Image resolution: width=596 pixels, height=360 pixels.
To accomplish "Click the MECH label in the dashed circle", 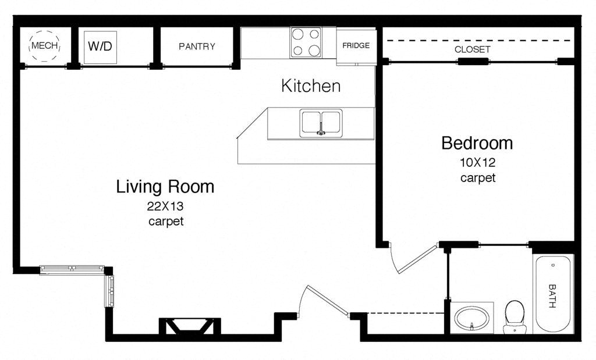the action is (x=45, y=46).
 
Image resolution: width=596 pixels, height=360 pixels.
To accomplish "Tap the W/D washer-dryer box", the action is (x=100, y=47).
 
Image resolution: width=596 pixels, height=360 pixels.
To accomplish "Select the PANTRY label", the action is (x=197, y=47).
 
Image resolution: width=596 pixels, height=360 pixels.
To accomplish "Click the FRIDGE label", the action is (x=356, y=45).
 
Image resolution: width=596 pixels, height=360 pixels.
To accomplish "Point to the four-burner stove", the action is (x=306, y=42).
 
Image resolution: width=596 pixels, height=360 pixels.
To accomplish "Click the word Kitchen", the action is (x=311, y=86).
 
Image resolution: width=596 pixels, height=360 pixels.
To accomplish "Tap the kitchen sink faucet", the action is (x=321, y=130).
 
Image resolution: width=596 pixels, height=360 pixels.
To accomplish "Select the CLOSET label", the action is (x=472, y=49).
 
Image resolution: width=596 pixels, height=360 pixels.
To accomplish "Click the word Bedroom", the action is (x=477, y=143).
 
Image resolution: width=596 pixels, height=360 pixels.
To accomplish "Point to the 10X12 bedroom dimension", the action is (x=478, y=162).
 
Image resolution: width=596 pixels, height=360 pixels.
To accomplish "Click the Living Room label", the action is (x=165, y=187).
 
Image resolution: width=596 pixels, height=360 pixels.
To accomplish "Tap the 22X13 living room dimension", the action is (x=165, y=206).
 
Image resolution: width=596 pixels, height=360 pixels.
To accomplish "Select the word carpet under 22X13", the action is (x=166, y=221).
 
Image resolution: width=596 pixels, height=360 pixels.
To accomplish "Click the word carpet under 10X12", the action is (x=478, y=178).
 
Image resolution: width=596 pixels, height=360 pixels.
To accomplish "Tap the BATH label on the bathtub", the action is (x=552, y=296).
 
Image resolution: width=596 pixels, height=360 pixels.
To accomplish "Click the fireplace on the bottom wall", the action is (x=190, y=326).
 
